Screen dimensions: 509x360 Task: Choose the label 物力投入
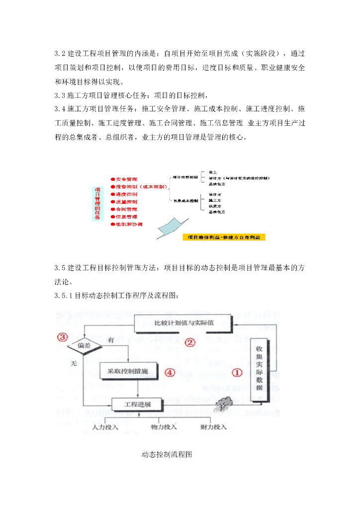coord(164,426)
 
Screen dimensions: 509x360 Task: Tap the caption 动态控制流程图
coord(167,454)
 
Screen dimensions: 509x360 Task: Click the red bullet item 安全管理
coord(126,179)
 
